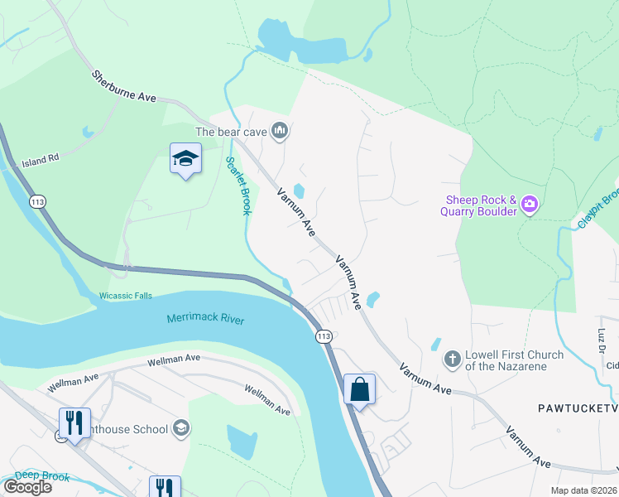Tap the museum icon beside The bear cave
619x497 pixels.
[x=281, y=131]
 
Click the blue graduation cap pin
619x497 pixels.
[x=186, y=158]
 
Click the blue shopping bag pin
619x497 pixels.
[x=360, y=388]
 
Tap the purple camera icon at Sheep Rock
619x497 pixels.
[x=530, y=205]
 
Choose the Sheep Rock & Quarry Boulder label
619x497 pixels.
[x=482, y=205]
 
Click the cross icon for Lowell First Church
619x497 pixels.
[x=452, y=359]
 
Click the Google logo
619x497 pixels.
[x=27, y=486]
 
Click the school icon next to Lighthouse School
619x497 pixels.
[x=182, y=428]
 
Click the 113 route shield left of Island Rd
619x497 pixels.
[x=38, y=201]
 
